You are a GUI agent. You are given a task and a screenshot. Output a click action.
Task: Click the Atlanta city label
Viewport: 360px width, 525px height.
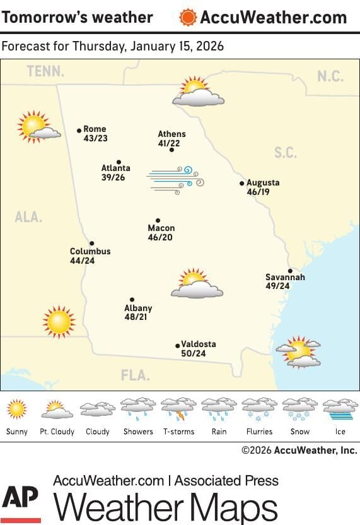[x=116, y=168]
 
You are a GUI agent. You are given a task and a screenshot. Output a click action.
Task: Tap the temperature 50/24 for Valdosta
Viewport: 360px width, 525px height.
[x=193, y=353]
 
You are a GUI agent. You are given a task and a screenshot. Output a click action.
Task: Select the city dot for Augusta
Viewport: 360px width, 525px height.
[x=241, y=184]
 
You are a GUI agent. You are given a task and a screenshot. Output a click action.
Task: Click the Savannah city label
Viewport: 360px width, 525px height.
[x=285, y=277]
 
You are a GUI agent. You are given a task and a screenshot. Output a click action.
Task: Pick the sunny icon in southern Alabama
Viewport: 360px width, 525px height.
[x=59, y=321]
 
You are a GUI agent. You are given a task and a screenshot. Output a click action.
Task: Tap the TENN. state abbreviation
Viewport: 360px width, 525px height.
[x=45, y=72]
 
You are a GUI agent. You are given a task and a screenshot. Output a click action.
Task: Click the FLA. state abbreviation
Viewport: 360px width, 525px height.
[x=136, y=375]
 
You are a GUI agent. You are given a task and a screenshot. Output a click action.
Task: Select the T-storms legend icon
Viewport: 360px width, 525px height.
[x=178, y=408]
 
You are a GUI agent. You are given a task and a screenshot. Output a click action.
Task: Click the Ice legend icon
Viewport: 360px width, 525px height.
[x=340, y=408]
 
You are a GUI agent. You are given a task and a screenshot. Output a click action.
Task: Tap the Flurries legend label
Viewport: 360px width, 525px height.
[x=259, y=432]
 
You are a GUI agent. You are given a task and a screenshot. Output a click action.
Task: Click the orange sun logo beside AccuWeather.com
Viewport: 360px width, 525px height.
[x=188, y=17]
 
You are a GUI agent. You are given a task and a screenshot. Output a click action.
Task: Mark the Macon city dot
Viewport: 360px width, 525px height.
[x=158, y=220]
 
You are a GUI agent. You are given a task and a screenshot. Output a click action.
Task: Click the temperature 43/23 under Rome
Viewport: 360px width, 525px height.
[x=95, y=138]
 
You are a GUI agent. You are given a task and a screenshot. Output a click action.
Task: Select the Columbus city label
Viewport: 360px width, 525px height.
[x=90, y=251]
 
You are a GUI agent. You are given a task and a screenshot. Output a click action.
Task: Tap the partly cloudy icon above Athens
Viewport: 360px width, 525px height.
[x=197, y=91]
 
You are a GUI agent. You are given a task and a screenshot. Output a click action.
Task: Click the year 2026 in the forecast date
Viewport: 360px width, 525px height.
[x=209, y=47]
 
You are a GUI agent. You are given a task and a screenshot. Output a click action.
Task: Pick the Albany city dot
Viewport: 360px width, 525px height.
[x=132, y=300]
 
